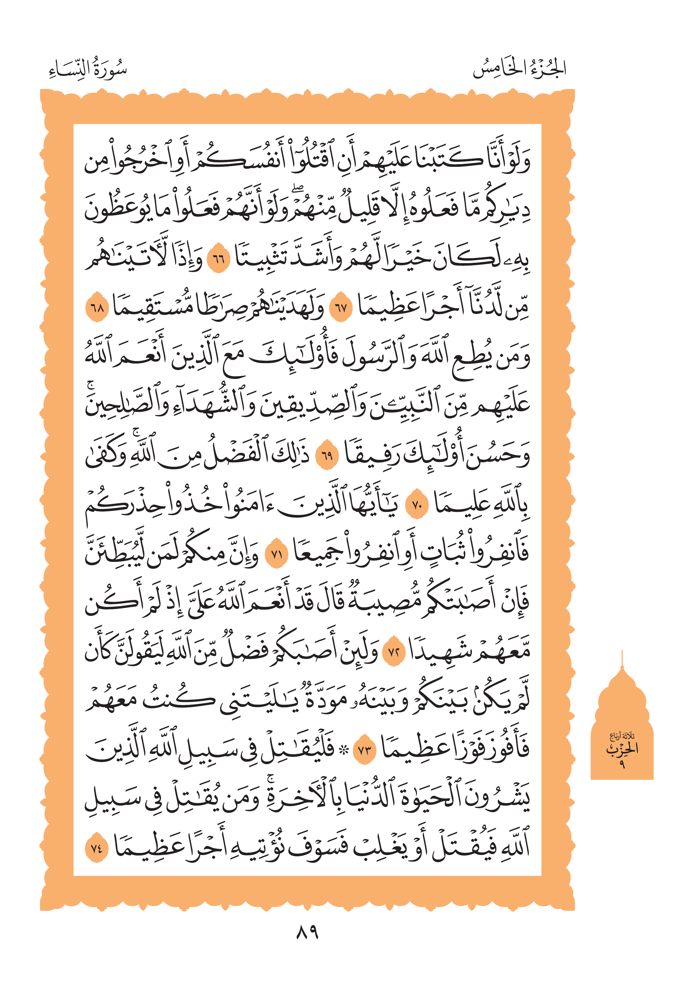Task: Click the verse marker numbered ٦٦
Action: point(218,260)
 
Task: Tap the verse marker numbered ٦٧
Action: point(340,308)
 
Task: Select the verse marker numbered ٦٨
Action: point(96,308)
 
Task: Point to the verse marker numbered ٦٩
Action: point(327,456)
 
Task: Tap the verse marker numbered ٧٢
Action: point(393,652)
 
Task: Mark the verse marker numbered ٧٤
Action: point(96,848)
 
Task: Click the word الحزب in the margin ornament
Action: point(622,749)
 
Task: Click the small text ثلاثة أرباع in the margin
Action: point(622,737)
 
